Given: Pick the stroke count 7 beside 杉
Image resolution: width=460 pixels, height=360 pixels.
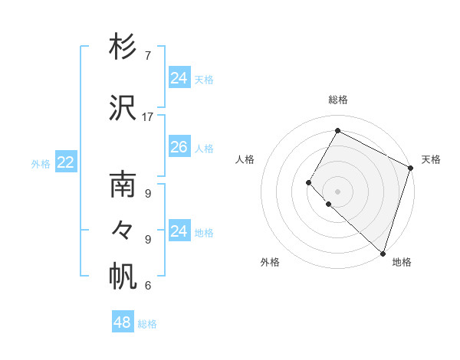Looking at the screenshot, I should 147,56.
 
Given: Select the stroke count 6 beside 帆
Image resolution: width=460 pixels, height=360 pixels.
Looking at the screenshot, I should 147,286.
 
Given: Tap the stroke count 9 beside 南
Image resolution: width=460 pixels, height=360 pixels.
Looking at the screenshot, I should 147,194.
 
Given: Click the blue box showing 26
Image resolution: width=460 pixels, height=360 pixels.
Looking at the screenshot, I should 179,147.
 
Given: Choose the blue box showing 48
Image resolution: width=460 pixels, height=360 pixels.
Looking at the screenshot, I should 123,322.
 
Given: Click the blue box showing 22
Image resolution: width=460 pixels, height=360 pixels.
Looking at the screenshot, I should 66,162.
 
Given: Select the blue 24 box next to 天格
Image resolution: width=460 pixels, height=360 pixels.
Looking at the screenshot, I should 179,78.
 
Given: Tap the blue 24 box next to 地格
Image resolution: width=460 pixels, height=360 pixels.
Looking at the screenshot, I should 179,231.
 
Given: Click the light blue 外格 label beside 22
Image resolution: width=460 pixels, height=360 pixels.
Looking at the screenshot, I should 41,163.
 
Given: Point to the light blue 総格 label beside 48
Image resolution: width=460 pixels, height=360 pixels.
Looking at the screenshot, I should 147,324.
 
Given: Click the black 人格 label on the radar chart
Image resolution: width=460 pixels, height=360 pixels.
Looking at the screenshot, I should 245,159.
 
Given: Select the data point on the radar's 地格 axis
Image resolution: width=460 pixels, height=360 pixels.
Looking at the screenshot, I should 383,253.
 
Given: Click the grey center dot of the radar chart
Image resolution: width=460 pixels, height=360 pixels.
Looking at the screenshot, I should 337,191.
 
